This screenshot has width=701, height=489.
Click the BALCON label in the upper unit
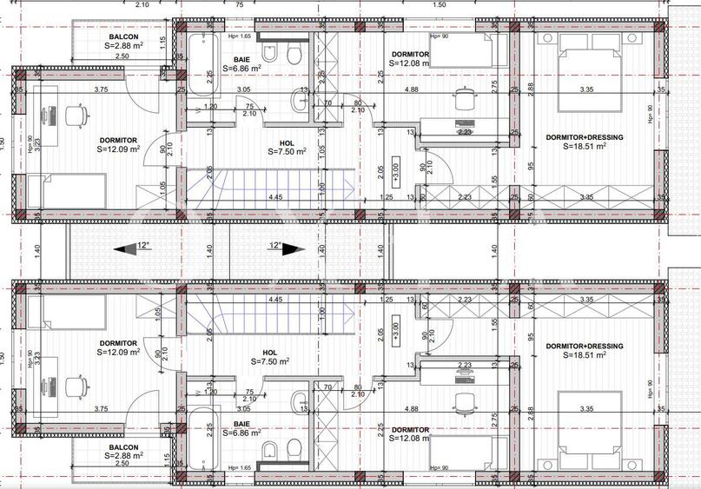click(120, 37)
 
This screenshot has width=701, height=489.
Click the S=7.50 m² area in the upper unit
click(288, 152)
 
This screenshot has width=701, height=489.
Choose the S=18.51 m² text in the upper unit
click(584, 147)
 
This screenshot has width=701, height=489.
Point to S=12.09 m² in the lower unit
click(118, 353)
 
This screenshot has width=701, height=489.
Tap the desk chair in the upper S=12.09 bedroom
click(73, 113)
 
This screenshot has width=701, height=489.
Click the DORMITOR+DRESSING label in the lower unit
click(584, 346)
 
